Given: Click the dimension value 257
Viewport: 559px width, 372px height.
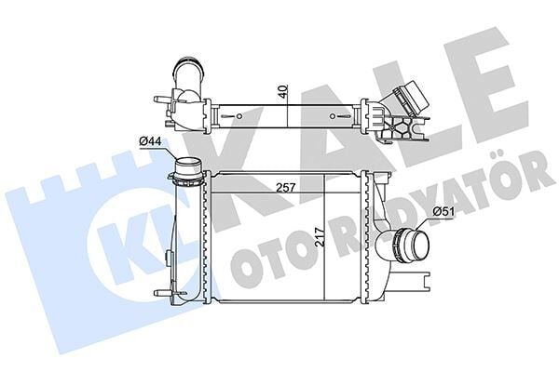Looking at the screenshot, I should (285, 187).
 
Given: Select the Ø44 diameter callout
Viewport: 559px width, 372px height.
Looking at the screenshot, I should (151, 140).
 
